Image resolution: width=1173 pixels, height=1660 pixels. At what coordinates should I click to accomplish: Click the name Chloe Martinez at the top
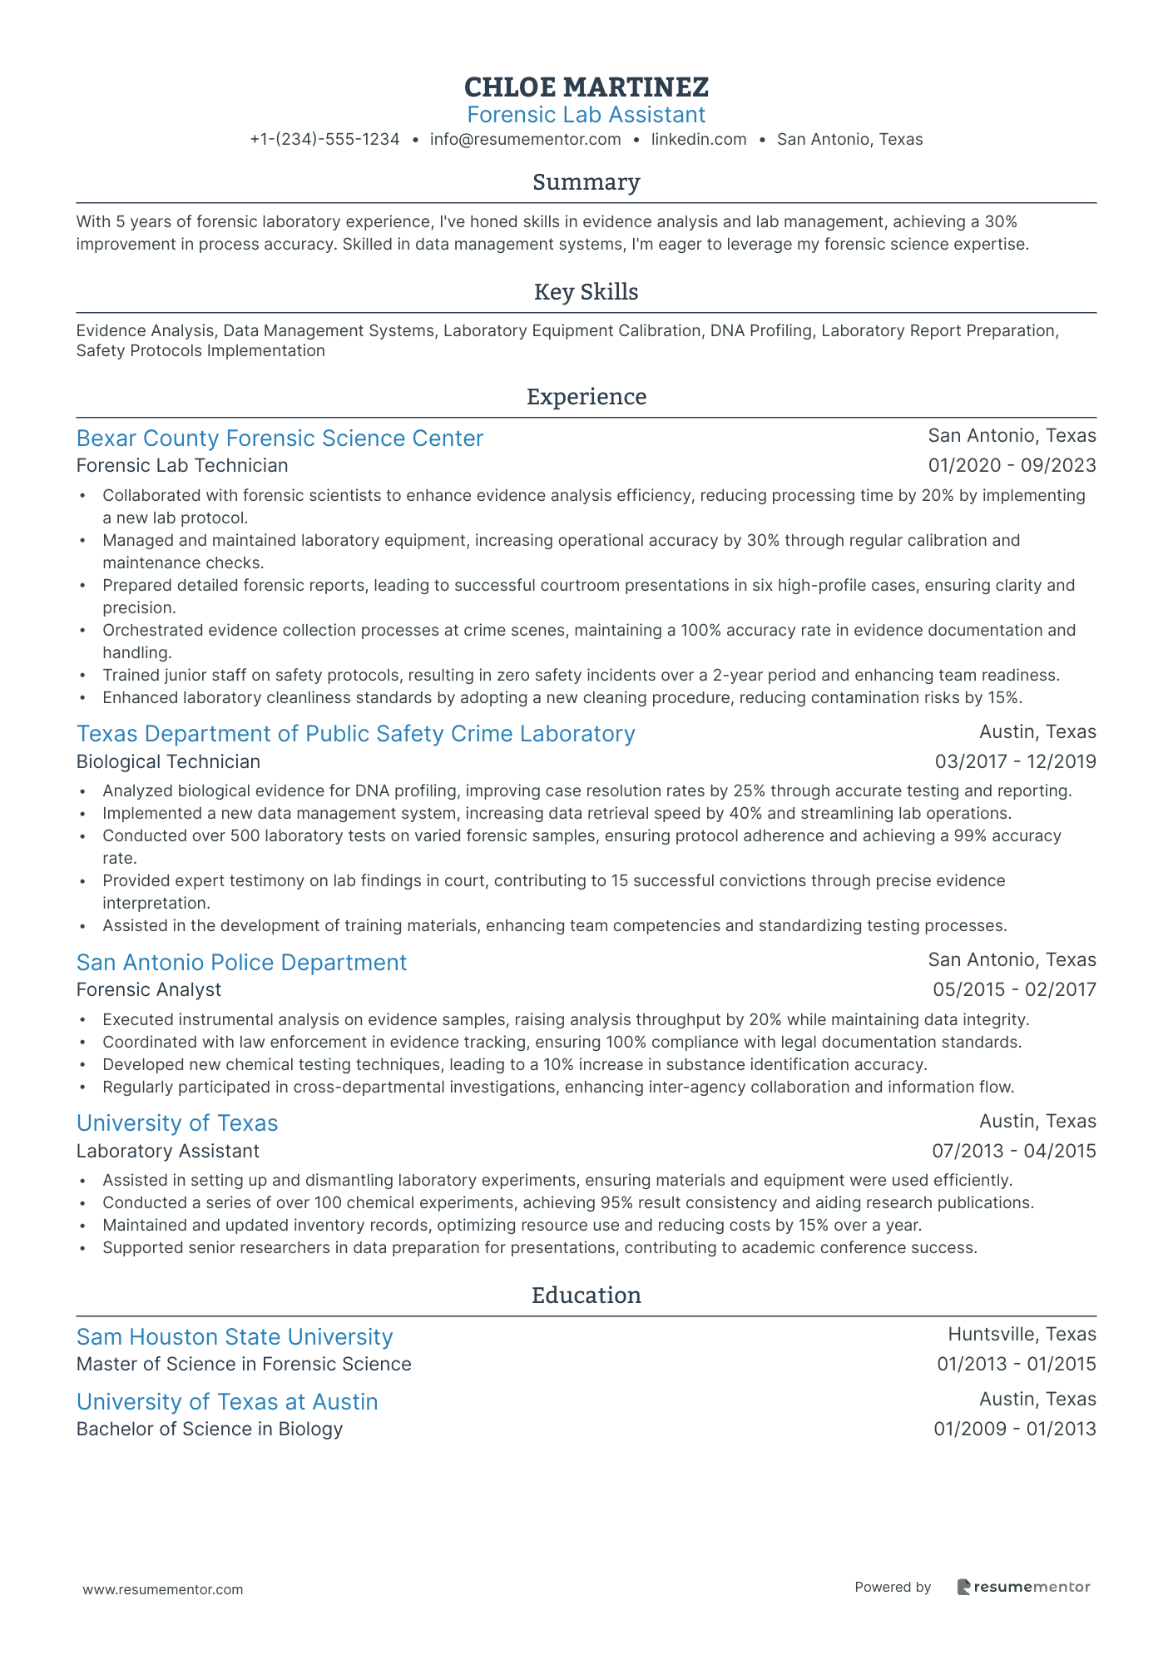(586, 87)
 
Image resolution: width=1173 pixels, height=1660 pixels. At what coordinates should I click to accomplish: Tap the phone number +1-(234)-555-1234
(324, 140)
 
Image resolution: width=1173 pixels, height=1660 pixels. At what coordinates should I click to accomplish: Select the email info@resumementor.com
(525, 140)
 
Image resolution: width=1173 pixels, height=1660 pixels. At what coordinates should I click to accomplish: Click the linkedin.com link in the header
(699, 140)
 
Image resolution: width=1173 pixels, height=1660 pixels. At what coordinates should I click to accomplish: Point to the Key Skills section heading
(586, 292)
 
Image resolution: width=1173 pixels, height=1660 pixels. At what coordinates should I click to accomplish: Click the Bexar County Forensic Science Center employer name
(280, 439)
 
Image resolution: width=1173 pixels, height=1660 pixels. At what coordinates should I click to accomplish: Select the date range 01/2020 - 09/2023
(1012, 466)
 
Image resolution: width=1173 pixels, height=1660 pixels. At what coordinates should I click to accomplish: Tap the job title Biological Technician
(168, 762)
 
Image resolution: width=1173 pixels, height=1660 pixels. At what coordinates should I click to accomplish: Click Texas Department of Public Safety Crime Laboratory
(355, 734)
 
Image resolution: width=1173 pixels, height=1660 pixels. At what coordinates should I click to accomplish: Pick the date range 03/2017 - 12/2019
(1015, 762)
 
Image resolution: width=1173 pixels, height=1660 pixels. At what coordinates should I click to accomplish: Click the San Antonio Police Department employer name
(241, 963)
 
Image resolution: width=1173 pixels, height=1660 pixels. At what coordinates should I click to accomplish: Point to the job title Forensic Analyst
(149, 990)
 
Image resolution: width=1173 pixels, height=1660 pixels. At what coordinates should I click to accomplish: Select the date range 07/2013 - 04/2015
(1013, 1152)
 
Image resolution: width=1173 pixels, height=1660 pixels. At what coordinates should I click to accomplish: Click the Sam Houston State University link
(235, 1337)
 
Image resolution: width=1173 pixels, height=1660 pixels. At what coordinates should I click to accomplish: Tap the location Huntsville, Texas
(1022, 1335)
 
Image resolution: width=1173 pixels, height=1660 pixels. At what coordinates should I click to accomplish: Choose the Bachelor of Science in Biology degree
(210, 1430)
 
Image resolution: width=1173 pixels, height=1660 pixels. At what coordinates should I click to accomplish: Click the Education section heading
(586, 1296)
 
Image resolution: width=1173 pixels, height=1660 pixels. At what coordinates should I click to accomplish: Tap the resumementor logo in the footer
(1023, 1587)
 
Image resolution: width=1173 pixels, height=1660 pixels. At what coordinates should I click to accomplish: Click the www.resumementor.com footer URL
(163, 1589)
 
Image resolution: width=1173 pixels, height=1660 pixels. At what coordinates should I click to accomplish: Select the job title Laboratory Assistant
(168, 1152)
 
